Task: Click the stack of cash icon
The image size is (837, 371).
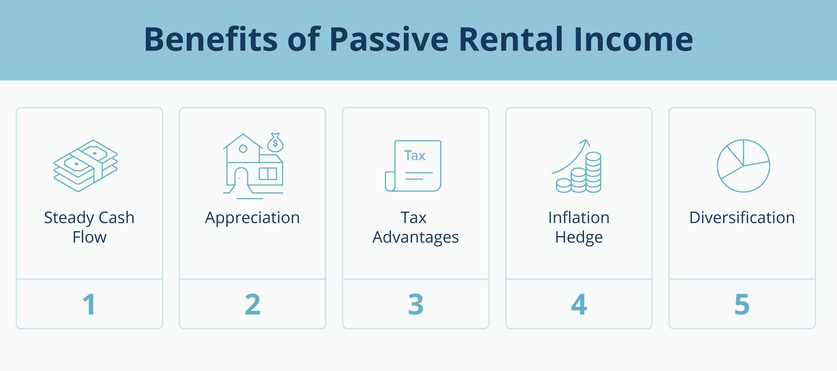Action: point(86,166)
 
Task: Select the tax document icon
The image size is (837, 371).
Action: point(413,166)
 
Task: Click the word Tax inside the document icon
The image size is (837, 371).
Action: point(414,156)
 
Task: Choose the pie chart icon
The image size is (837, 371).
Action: point(743,166)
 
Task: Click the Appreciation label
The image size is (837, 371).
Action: point(252,218)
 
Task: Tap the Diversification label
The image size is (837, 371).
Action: point(742,218)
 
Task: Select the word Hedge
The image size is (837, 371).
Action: point(579,237)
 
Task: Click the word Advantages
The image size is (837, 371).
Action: point(416,237)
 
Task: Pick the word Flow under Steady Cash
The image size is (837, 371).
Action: point(89,237)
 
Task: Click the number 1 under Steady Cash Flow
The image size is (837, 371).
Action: point(89,304)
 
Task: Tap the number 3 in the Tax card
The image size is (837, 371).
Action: point(416,304)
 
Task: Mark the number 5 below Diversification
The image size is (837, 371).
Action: point(742,304)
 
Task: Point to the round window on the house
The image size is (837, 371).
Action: point(243,149)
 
